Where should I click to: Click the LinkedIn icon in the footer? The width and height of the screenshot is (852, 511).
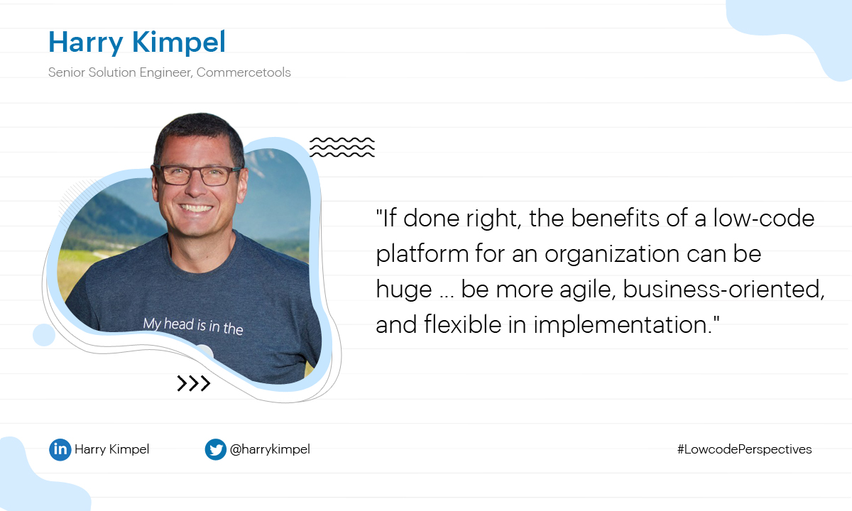tap(60, 449)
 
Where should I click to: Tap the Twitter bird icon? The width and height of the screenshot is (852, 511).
tap(216, 449)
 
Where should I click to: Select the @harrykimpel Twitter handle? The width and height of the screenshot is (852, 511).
tap(270, 449)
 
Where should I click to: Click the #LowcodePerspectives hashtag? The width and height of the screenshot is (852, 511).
tap(744, 449)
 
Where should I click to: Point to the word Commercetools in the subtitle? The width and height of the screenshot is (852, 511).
tap(244, 72)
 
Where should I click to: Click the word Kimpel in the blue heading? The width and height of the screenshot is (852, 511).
tap(179, 43)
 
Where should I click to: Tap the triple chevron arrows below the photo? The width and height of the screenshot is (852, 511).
tap(194, 383)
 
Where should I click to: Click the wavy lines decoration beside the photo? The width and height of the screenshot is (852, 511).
tap(342, 147)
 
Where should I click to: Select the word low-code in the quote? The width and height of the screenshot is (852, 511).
tap(764, 219)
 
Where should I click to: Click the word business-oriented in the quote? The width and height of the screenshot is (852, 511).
tap(723, 290)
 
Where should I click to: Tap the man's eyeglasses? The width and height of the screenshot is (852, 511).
tap(197, 175)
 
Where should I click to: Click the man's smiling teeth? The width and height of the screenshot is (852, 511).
tap(196, 208)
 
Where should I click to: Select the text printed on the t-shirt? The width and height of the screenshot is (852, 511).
tap(193, 326)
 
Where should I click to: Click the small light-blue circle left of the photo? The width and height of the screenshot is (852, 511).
tap(44, 335)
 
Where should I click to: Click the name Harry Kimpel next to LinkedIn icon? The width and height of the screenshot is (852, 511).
tap(112, 449)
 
